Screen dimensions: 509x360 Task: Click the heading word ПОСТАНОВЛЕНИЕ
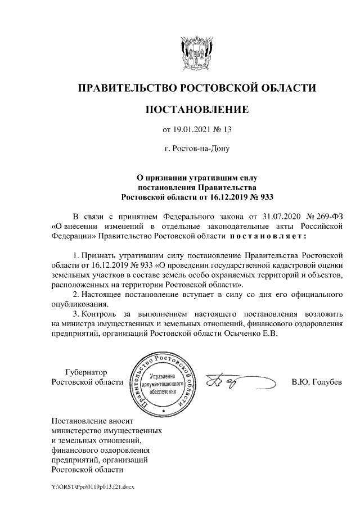click(x=196, y=109)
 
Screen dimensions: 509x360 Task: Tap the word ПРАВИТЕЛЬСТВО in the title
click(x=127, y=88)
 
